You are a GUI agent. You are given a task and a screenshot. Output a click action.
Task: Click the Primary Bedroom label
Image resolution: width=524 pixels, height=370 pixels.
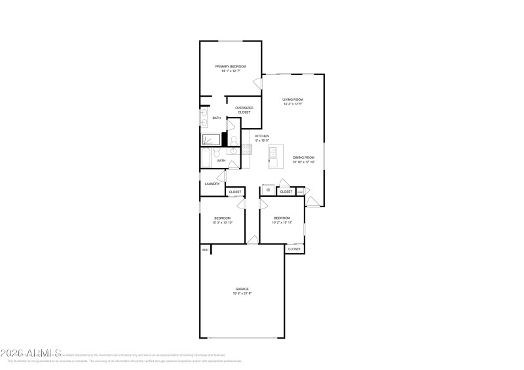click(x=230, y=66)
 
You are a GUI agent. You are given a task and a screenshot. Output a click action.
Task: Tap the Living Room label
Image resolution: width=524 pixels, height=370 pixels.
click(x=293, y=99)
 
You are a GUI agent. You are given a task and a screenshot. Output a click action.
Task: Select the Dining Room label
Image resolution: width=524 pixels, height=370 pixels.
click(x=303, y=157)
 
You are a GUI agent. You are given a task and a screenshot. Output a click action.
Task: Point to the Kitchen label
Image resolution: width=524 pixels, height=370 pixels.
click(x=262, y=136)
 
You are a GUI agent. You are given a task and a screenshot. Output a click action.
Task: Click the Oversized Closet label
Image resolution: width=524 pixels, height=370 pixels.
click(x=244, y=108)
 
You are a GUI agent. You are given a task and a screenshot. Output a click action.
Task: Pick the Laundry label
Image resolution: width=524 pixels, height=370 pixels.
click(x=212, y=184)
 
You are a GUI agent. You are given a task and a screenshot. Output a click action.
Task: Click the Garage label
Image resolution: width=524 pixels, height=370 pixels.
click(x=242, y=288)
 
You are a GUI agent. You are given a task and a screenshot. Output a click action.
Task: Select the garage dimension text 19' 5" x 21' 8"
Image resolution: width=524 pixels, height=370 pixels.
click(x=242, y=294)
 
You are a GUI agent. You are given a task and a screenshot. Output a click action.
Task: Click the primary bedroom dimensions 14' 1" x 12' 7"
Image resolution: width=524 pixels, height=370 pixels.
click(x=230, y=71)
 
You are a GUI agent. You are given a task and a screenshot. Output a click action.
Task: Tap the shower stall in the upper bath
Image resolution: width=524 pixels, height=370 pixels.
click(x=212, y=139)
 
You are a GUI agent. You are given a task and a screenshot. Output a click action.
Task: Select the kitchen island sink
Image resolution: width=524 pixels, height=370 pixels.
click(x=274, y=152)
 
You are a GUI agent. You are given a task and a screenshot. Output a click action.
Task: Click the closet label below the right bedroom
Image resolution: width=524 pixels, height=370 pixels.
click(x=294, y=249)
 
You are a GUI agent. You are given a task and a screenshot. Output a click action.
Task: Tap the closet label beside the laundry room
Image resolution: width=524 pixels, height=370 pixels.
click(x=234, y=192)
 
